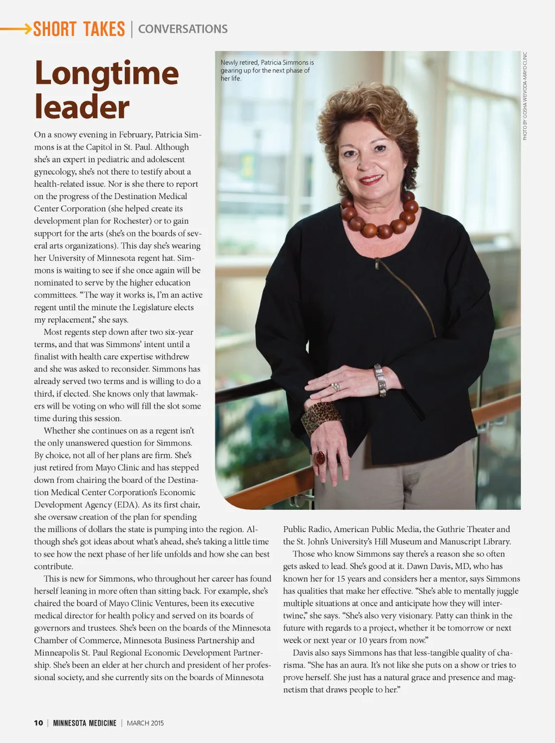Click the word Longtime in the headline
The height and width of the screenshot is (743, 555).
(106, 73)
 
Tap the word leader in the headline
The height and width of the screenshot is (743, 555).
(82, 107)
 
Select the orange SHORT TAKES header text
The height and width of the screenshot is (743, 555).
(79, 29)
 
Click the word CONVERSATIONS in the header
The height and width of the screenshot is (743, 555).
(183, 29)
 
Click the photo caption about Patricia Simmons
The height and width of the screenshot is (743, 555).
(267, 71)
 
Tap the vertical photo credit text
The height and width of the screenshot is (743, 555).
(525, 96)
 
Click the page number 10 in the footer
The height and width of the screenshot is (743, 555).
(38, 723)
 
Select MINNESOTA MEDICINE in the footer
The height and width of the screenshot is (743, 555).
(85, 723)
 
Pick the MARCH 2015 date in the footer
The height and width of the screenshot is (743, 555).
(145, 723)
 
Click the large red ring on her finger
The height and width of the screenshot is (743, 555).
(320, 457)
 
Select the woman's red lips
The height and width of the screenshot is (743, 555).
(371, 179)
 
